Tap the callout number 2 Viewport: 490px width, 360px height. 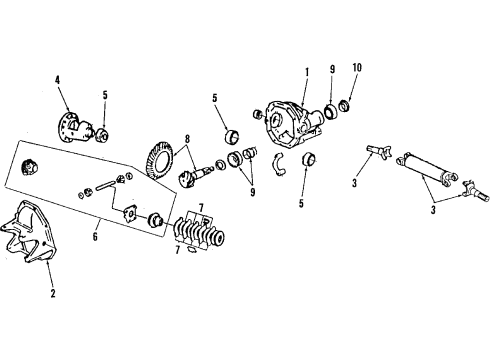(x=53, y=294)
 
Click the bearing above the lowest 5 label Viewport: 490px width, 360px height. (x=308, y=159)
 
